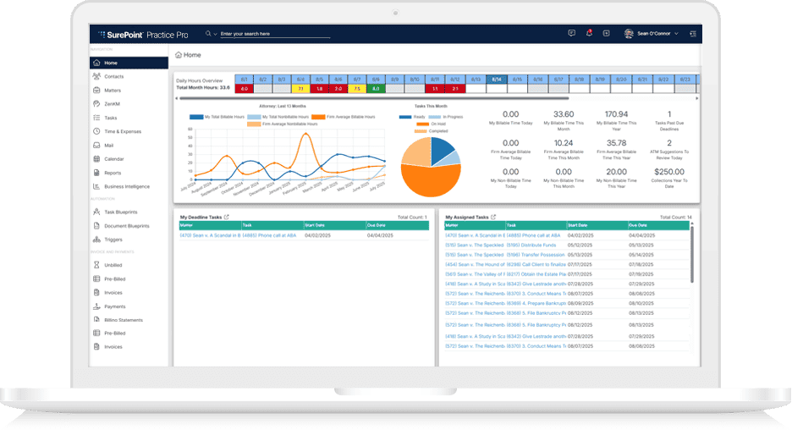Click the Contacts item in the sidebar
(114, 76)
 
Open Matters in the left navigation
(113, 90)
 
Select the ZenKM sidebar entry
(113, 103)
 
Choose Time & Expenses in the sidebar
(122, 131)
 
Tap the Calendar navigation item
(114, 159)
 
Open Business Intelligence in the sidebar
(127, 186)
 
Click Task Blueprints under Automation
(121, 212)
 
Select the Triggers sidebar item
(114, 240)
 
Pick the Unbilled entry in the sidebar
(113, 265)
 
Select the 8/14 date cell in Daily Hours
(496, 79)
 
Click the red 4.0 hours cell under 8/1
(244, 88)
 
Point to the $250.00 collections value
(669, 171)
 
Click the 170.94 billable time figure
(617, 114)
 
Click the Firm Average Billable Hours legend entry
(347, 117)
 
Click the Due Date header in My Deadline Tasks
(377, 225)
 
